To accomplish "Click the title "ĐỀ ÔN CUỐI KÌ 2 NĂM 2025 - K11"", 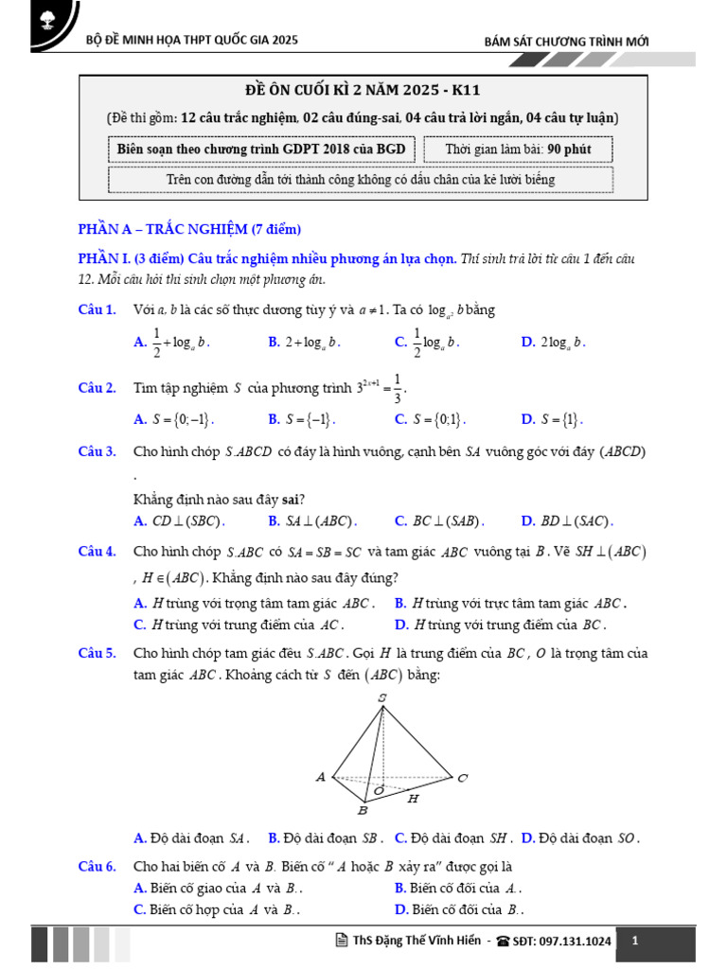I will (363, 91).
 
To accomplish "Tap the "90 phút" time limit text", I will (569, 150).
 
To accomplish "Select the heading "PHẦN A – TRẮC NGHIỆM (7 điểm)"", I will (188, 229).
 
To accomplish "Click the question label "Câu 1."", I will (97, 309).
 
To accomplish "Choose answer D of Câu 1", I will (554, 343).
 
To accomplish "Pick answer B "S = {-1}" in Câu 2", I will (303, 419).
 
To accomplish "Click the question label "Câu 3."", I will (97, 452).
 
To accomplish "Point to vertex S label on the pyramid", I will (381, 698).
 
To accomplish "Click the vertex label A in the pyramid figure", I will (321, 777).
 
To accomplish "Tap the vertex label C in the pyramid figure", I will (462, 778).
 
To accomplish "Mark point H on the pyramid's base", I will (413, 799).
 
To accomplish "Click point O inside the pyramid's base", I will (380, 788).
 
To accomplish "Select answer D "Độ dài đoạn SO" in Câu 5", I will (581, 837).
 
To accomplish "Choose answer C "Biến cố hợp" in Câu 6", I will (218, 909).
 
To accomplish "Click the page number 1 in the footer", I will (635, 941).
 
